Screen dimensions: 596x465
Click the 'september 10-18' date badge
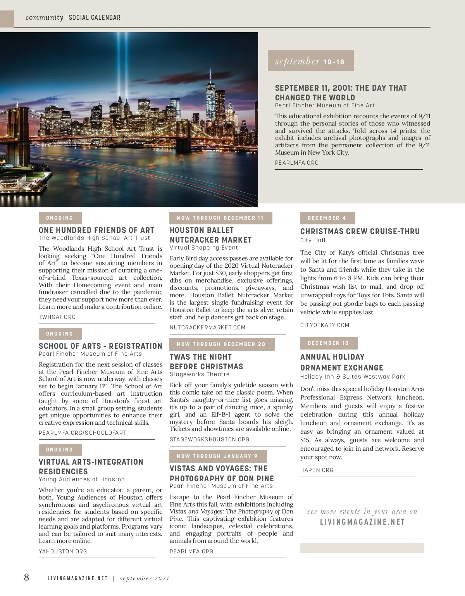[x=310, y=61]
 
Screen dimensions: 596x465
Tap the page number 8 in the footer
[x=26, y=577]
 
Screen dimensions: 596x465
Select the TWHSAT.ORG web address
[x=57, y=317]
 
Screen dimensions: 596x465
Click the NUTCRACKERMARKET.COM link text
[x=208, y=327]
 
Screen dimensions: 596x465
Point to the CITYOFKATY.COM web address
[x=325, y=325]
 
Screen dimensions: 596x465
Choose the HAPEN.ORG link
[x=317, y=470]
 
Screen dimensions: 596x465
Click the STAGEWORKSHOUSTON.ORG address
[x=209, y=439]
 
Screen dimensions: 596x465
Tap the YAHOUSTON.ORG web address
[x=63, y=551]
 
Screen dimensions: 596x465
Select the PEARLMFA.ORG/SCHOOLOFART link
[x=82, y=433]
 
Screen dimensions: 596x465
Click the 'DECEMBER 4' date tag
[x=327, y=218]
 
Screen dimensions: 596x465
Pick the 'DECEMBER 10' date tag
[x=329, y=343]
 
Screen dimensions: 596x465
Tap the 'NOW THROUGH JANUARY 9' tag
[x=218, y=456]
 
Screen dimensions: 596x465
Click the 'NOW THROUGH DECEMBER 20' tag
[x=222, y=345]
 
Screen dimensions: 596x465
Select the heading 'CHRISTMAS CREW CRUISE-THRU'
[x=360, y=231]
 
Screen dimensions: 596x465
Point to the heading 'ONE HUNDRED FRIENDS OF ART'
[x=96, y=230]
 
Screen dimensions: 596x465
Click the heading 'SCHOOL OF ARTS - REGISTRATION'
[x=100, y=346]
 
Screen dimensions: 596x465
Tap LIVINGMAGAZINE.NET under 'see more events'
[x=362, y=522]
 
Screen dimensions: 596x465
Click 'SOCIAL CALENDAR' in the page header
[x=95, y=17]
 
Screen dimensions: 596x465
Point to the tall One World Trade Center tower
[x=211, y=97]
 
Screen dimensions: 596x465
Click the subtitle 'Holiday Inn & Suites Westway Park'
[x=353, y=377]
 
